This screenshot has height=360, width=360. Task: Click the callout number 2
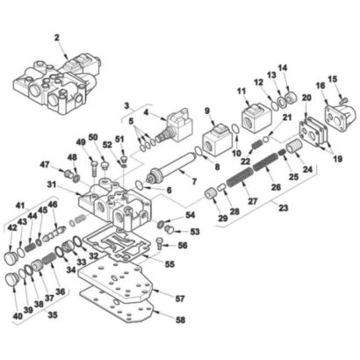point(57,38)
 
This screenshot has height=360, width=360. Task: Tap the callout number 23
point(284,208)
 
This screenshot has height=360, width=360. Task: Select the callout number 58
point(181,320)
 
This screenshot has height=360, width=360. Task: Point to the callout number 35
point(53,315)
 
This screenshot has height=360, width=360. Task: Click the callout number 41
point(20,205)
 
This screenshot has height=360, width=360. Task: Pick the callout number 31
point(52,184)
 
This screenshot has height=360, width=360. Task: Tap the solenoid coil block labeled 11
point(255,119)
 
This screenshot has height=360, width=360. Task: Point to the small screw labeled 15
point(343,100)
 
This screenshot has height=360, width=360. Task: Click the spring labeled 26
point(265,162)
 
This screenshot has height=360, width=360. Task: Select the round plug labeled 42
point(11,257)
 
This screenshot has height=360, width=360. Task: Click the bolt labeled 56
point(160,243)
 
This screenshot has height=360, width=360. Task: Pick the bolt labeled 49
point(93,168)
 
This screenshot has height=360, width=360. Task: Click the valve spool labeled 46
point(55,234)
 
